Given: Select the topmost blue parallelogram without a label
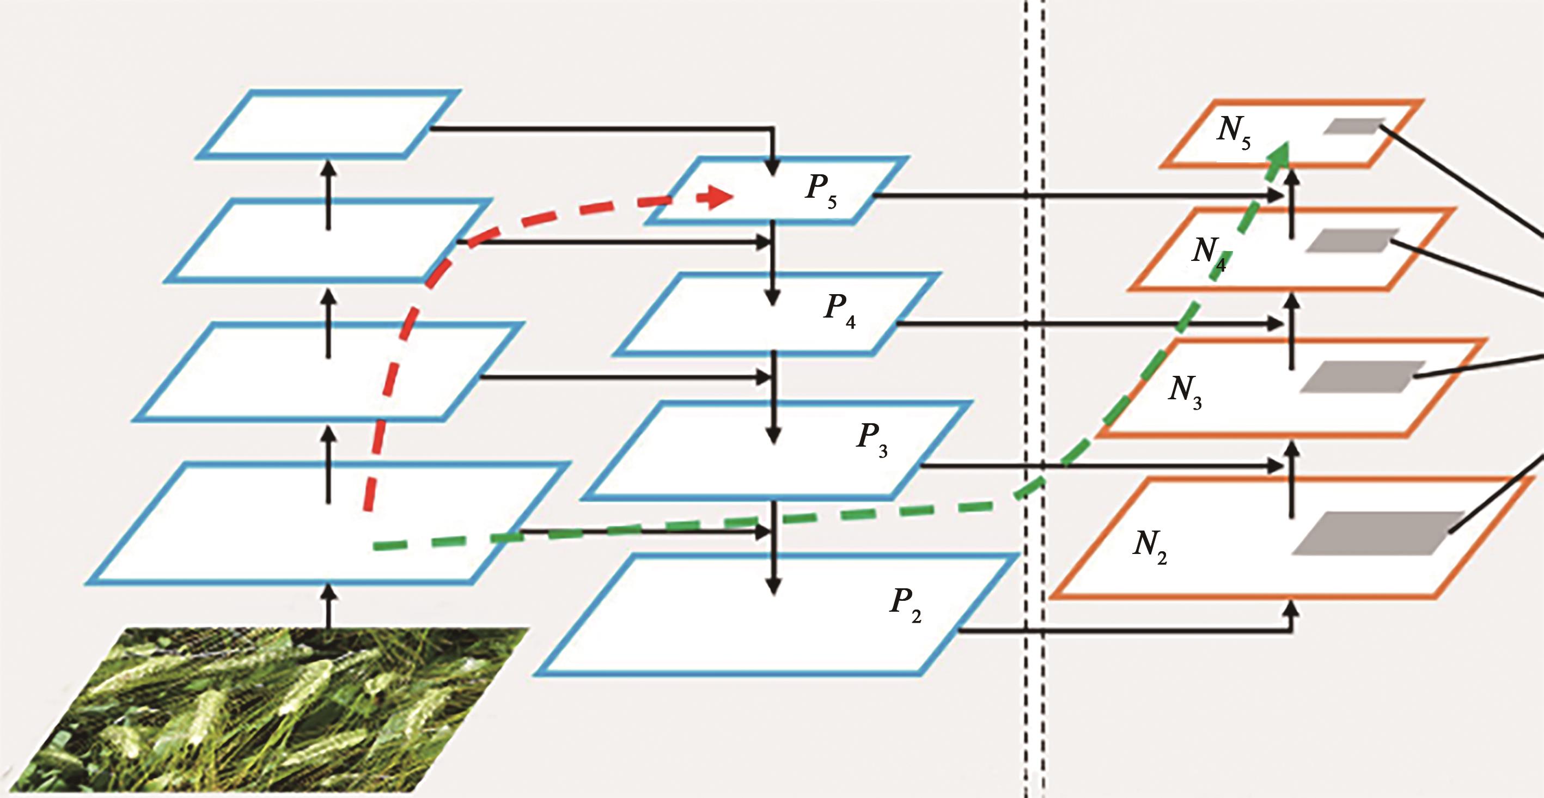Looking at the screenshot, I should point(328,124).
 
